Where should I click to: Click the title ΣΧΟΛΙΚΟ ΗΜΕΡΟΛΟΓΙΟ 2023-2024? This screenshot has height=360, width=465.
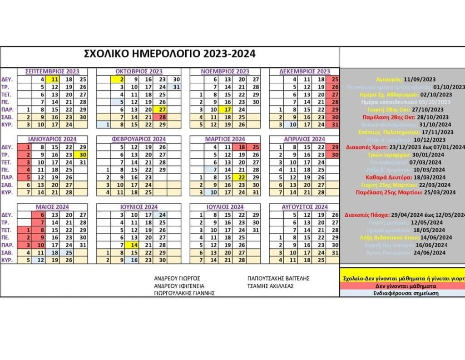click(170, 54)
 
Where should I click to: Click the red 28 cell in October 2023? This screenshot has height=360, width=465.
click(161, 117)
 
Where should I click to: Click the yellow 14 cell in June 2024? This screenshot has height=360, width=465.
click(134, 245)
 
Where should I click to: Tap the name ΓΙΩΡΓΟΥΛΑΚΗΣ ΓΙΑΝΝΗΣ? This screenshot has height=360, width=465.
click(184, 293)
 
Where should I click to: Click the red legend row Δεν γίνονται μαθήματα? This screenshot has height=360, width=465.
click(402, 286)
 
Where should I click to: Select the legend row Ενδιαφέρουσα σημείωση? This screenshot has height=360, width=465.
click(402, 293)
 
